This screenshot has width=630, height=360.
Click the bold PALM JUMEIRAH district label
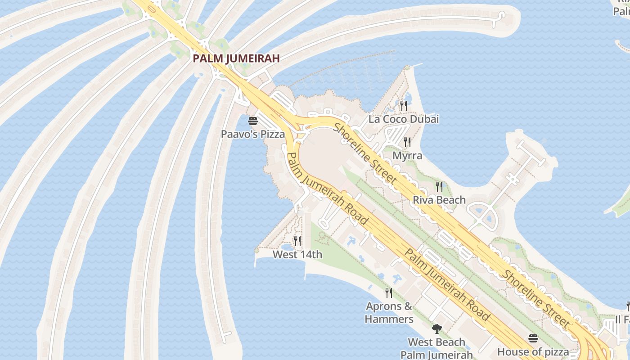click(236, 58)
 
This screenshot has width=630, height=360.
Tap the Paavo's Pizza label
click(253, 134)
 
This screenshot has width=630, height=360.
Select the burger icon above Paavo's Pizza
click(253, 121)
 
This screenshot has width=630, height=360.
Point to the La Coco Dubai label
click(404, 119)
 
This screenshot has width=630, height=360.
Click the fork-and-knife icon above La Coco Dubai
click(404, 106)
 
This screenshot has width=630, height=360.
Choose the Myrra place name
click(407, 156)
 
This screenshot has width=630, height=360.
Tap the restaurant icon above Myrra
click(407, 142)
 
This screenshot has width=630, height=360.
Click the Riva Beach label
click(439, 200)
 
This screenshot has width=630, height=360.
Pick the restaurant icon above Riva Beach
click(439, 186)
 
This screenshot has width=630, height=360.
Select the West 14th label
click(297, 255)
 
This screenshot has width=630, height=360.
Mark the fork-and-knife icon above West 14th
click(297, 241)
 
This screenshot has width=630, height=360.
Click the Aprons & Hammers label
click(389, 313)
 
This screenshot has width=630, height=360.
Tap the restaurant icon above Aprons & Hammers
click(389, 293)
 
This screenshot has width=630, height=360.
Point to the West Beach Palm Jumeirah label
click(436, 348)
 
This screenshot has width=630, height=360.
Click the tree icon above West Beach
click(436, 329)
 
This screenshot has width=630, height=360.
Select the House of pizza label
click(533, 351)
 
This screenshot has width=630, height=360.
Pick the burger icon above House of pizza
click(533, 338)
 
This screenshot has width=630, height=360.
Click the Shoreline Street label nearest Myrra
click(365, 153)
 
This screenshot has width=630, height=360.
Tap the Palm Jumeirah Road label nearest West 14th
click(327, 189)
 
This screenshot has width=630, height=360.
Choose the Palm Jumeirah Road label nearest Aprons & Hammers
click(447, 284)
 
